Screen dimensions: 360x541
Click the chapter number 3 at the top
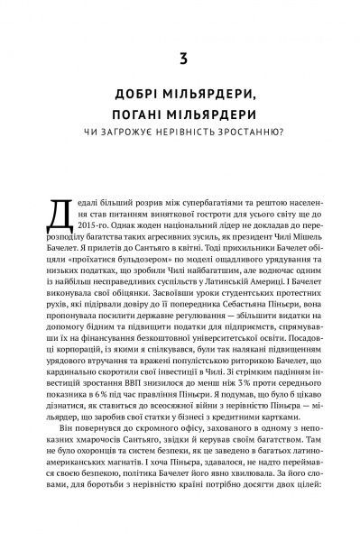point(180,62)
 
